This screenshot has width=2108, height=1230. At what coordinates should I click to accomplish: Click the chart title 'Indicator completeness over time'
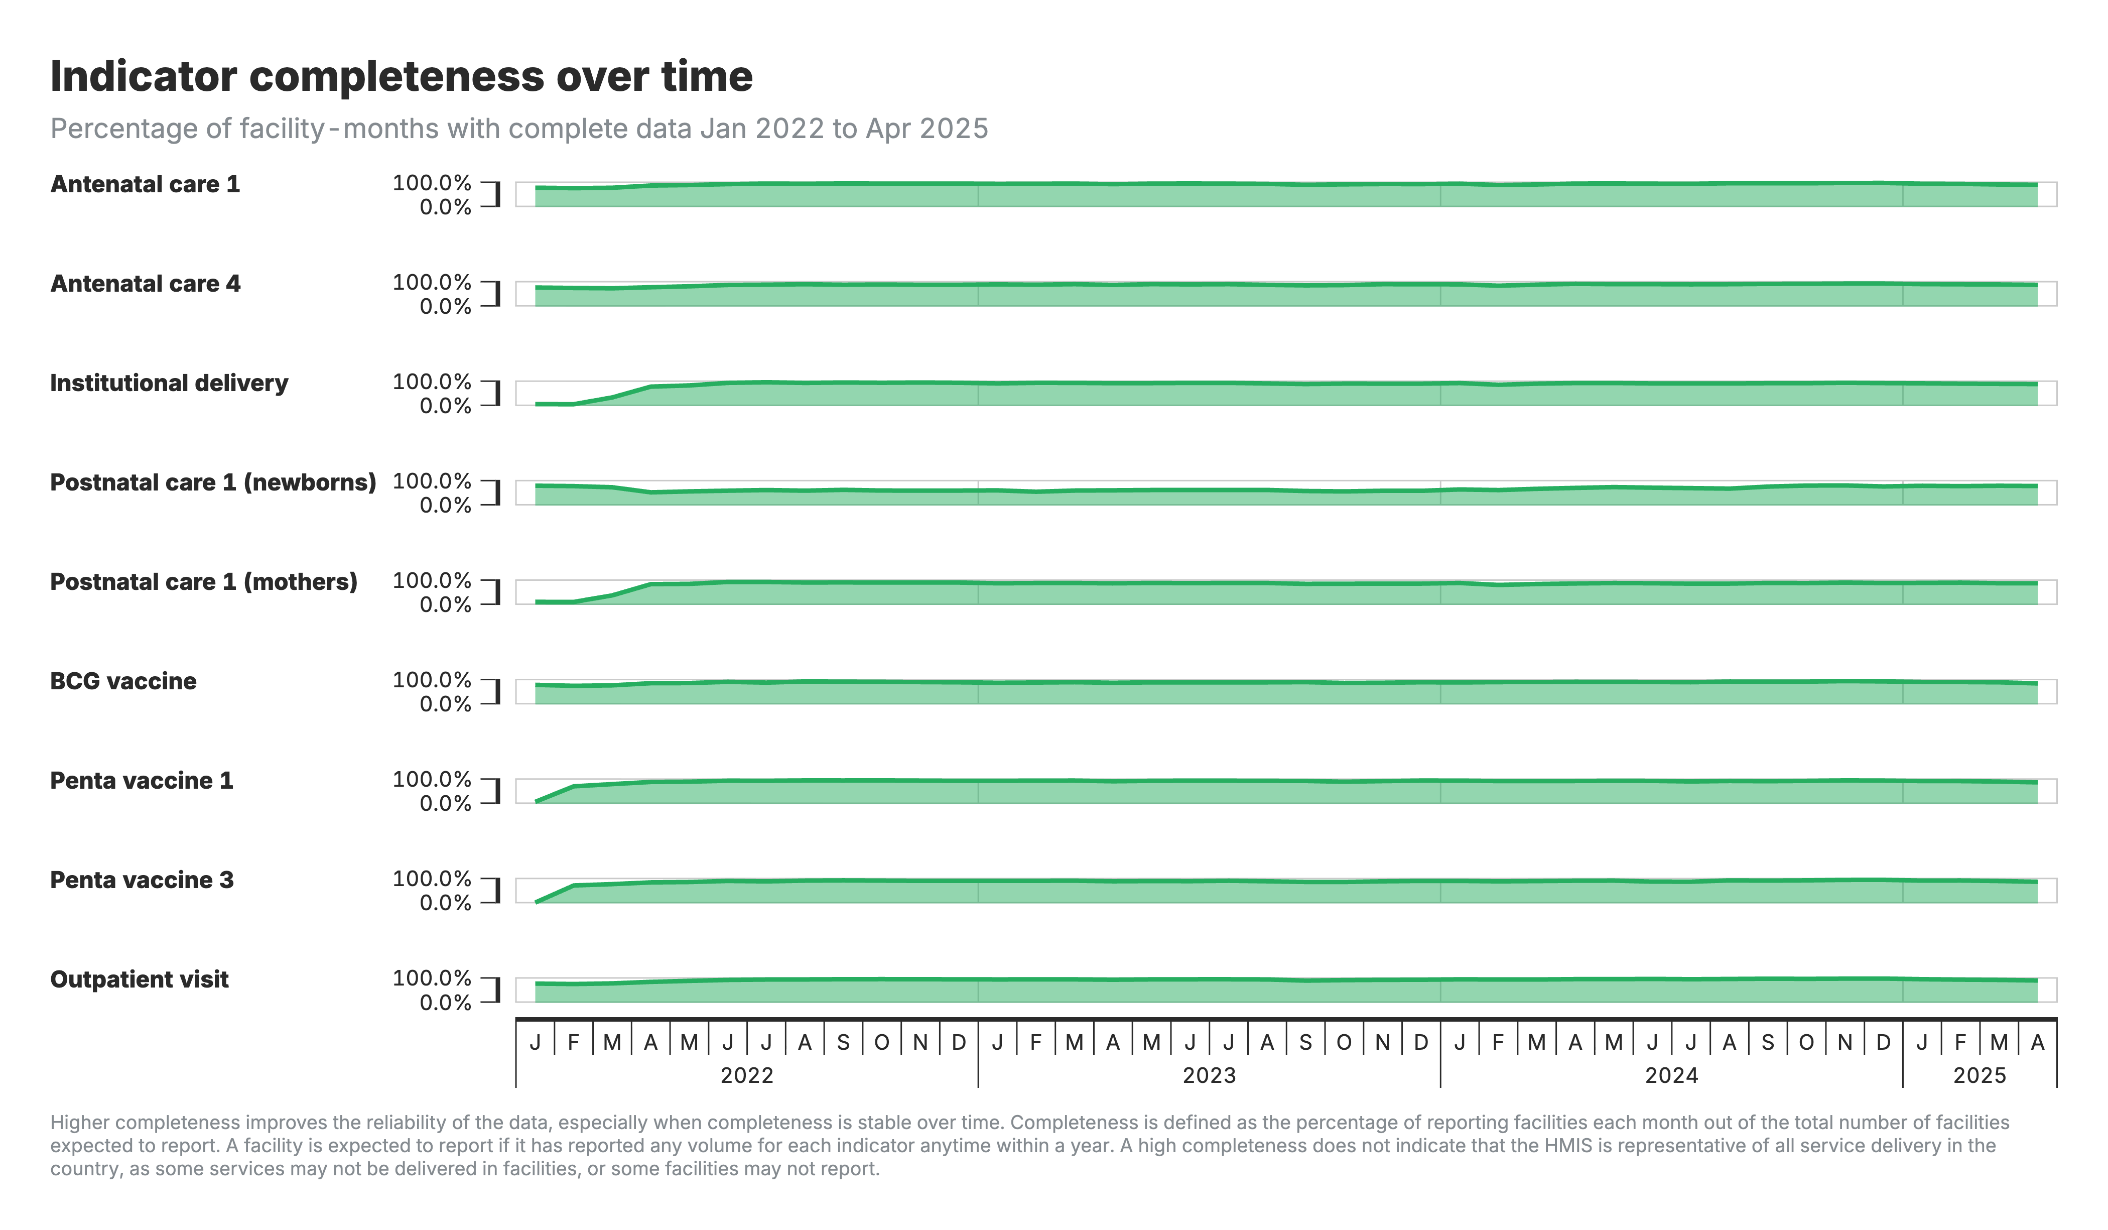tap(402, 76)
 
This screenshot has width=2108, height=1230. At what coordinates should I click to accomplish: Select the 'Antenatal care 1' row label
tap(145, 184)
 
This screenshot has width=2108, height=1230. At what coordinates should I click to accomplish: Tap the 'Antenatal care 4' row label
tap(145, 284)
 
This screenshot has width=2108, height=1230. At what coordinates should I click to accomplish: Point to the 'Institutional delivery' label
tap(169, 383)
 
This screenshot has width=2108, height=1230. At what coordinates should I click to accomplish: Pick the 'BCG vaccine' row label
tap(123, 681)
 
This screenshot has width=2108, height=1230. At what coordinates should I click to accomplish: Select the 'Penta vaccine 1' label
tap(142, 781)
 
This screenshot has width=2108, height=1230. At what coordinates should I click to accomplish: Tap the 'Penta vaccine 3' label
tap(142, 880)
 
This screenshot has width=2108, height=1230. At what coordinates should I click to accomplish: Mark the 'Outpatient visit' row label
tap(139, 980)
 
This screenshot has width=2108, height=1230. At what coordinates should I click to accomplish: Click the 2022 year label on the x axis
tap(747, 1075)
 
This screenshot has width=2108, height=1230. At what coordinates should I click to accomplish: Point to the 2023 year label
tap(1209, 1075)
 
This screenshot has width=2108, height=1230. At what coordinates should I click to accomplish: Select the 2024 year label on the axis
tap(1671, 1075)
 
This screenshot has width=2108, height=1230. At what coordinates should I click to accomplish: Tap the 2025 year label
tap(1979, 1075)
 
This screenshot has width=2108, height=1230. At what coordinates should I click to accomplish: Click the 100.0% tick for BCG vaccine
tap(432, 680)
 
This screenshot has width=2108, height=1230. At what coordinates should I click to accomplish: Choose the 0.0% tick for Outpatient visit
tap(445, 1003)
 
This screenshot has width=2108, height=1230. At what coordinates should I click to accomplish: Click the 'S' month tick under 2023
tap(1305, 1043)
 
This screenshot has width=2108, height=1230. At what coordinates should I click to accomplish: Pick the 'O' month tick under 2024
tap(1806, 1043)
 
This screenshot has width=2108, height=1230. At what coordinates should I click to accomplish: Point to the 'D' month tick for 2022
tap(959, 1043)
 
